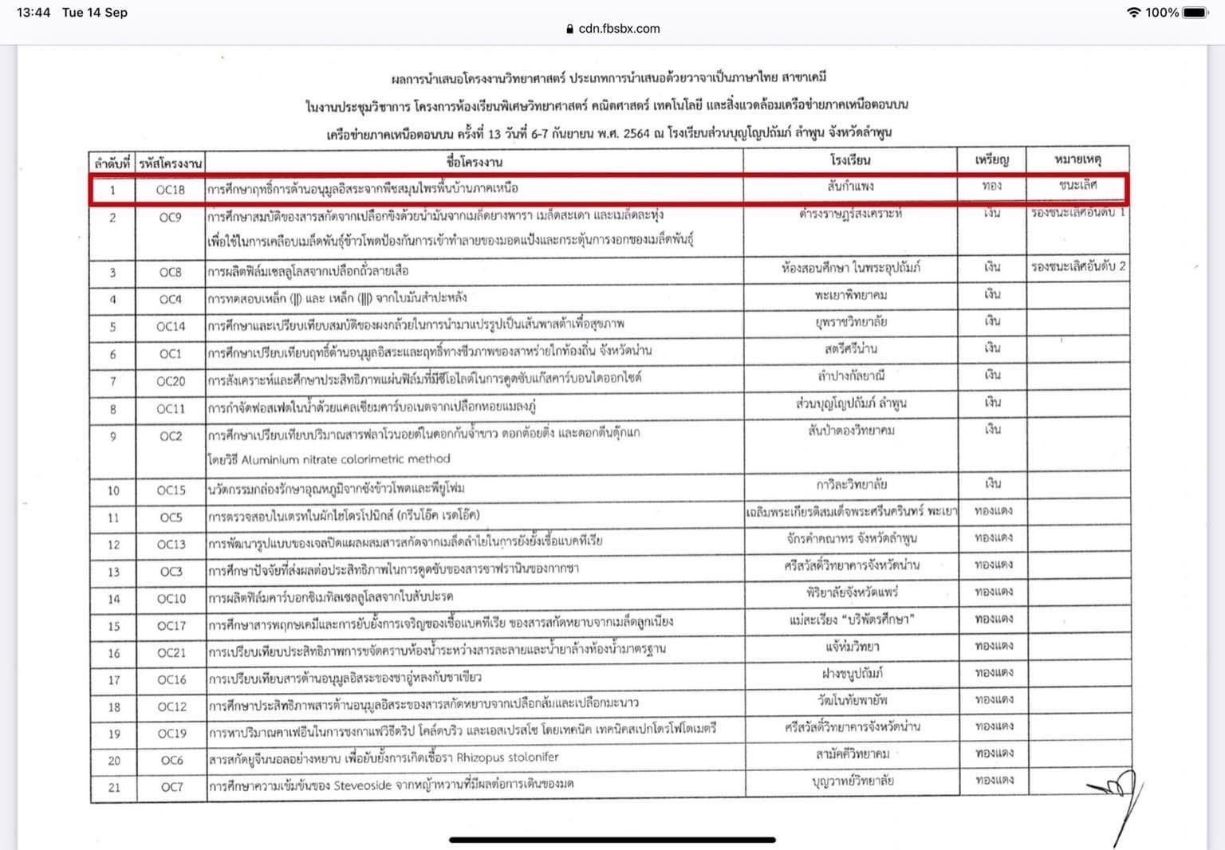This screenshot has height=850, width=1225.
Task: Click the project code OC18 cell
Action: (170, 190)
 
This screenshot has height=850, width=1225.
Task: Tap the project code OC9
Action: (170, 217)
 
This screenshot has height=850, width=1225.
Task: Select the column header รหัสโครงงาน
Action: (170, 163)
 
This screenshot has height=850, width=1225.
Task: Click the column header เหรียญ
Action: (991, 160)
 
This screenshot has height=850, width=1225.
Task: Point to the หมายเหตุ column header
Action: (1077, 159)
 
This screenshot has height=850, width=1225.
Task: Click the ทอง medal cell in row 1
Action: (991, 186)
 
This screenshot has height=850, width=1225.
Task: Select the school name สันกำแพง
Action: (850, 187)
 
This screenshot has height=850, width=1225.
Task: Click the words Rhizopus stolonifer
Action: (507, 757)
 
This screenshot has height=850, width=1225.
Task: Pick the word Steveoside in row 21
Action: (363, 785)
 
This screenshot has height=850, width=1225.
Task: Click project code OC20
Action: (171, 381)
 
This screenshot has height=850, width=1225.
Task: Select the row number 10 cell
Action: (113, 490)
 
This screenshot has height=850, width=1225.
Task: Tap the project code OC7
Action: (171, 787)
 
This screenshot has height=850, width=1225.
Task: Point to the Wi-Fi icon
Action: (1132, 12)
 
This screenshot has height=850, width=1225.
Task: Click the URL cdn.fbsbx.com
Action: (619, 29)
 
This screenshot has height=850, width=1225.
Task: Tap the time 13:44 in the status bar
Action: (33, 12)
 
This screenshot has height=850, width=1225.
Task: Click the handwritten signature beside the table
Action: (1121, 797)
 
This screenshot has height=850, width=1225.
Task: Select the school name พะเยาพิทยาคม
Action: (850, 295)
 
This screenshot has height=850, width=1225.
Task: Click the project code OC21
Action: (171, 652)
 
